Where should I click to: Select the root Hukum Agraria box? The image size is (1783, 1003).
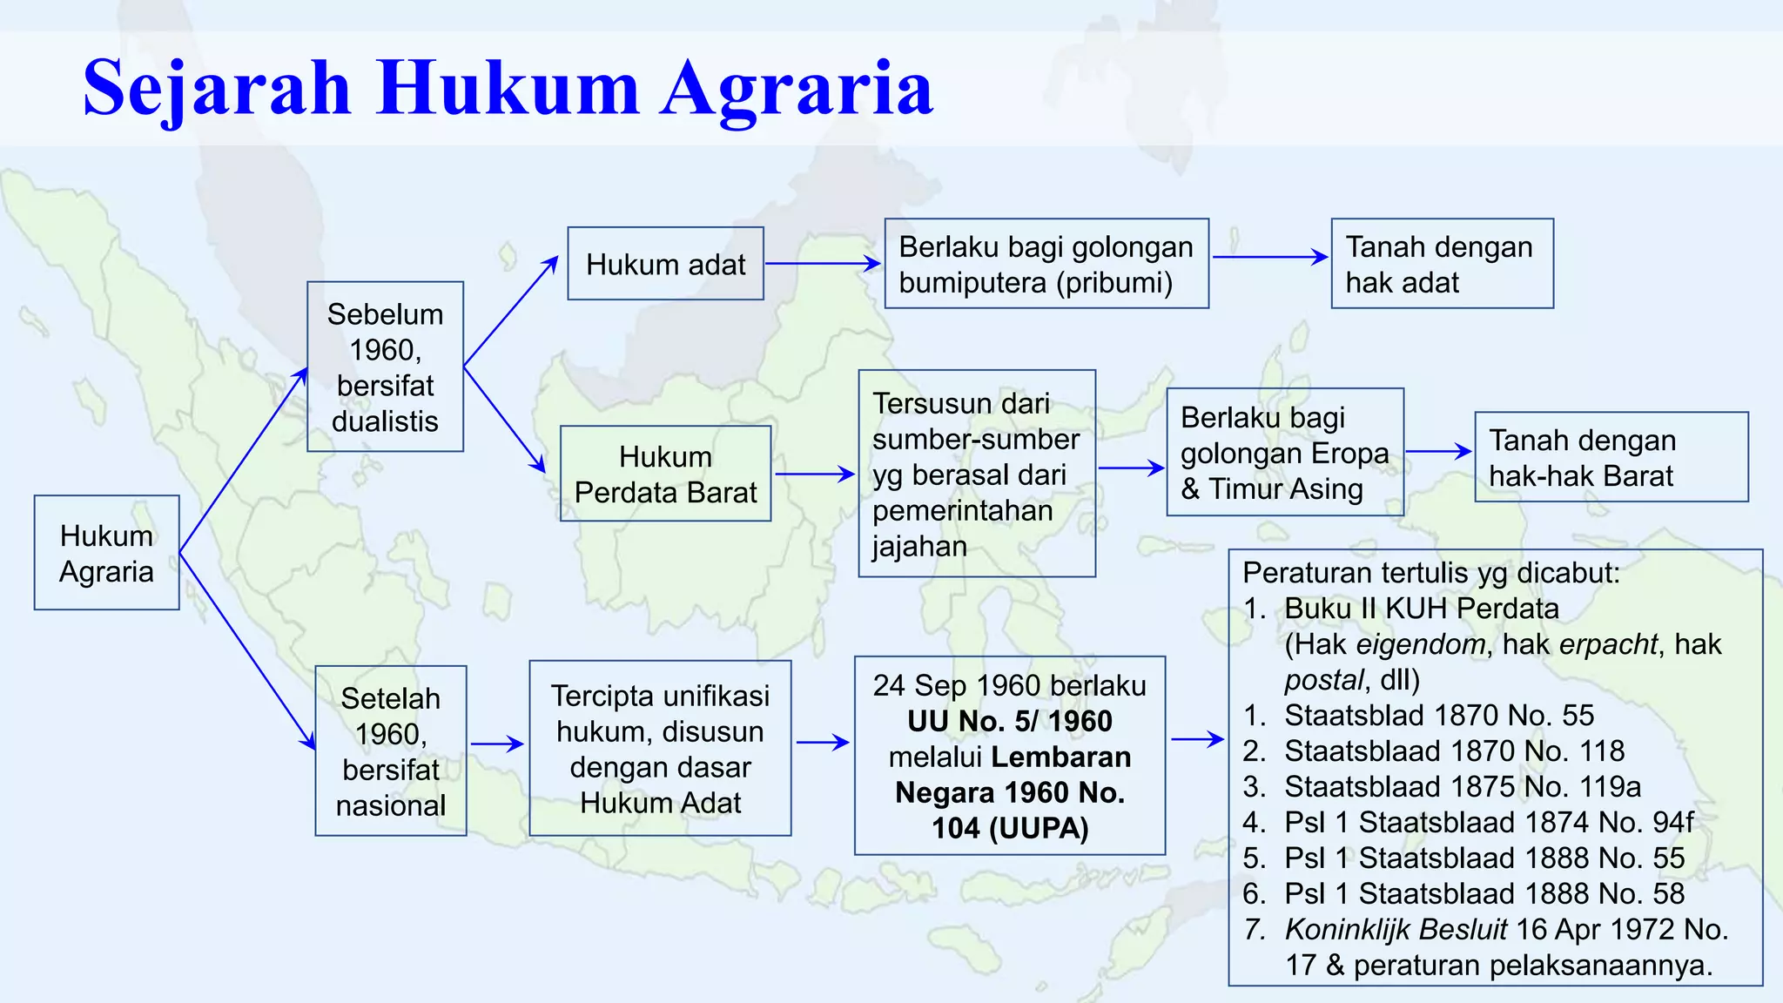pos(106,553)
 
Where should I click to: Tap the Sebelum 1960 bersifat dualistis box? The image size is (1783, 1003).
pos(385,367)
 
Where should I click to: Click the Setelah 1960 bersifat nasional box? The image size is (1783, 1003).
pos(391,751)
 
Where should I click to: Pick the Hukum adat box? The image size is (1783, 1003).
pos(665,264)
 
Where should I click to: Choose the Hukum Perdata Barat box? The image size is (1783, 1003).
pos(665,474)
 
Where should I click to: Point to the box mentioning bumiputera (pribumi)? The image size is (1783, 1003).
pos(1046,264)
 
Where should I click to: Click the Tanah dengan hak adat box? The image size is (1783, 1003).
pos(1442,264)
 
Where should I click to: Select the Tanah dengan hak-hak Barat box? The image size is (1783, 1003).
pos(1611,457)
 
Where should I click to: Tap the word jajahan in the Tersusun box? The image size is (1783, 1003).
pos(919,547)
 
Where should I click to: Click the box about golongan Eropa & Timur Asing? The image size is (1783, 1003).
pos(1284,453)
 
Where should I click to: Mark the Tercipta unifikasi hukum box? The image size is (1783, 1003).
pos(660,749)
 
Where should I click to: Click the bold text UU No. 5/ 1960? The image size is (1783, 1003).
pos(1010,722)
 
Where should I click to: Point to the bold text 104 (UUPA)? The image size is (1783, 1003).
pos(1010,828)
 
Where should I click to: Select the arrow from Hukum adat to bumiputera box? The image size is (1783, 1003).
pos(823,263)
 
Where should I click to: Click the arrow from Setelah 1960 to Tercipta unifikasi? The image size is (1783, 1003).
pos(497,744)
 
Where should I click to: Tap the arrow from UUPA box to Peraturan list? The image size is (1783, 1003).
pos(1197,739)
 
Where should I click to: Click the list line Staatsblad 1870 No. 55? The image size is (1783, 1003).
pos(1438,716)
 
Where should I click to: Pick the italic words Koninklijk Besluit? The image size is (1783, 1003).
pos(1395,930)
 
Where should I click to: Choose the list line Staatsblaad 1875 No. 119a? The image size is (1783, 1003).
pos(1462,787)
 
